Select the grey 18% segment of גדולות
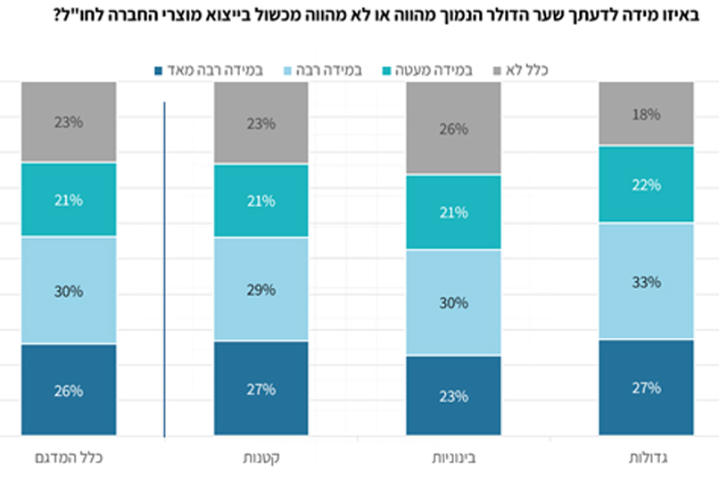click(646, 113)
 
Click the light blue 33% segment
click(646, 282)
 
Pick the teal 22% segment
click(646, 185)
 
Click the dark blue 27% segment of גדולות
click(646, 388)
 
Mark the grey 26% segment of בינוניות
click(453, 128)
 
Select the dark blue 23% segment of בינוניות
click(453, 396)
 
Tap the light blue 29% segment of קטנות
click(261, 291)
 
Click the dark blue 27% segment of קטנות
click(261, 389)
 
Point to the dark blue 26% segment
click(69, 391)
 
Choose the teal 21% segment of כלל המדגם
click(69, 200)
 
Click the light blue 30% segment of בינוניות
click(453, 303)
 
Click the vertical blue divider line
click(165, 268)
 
